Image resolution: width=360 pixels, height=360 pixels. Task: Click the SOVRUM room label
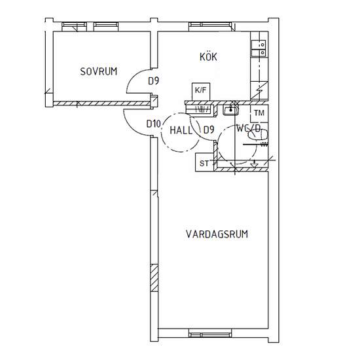click(x=99, y=71)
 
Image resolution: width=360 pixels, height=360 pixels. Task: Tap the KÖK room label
click(x=208, y=56)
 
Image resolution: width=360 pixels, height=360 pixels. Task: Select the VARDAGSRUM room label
click(x=217, y=234)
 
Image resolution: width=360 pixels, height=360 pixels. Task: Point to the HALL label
click(x=181, y=131)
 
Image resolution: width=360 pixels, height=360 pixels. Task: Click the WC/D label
click(x=249, y=128)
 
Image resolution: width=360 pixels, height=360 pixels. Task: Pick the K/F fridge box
click(x=201, y=92)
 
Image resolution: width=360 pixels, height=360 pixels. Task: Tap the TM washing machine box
click(x=259, y=113)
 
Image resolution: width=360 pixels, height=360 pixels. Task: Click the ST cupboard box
click(x=204, y=162)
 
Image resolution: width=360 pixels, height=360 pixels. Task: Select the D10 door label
click(x=154, y=124)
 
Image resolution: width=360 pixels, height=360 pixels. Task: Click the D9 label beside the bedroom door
click(x=154, y=81)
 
